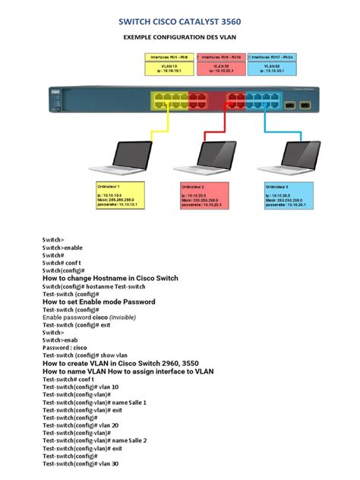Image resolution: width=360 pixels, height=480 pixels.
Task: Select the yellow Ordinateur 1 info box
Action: (x=119, y=196)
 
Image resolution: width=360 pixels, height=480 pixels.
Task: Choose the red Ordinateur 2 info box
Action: (x=204, y=196)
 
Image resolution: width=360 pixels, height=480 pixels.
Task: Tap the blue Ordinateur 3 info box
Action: (x=289, y=196)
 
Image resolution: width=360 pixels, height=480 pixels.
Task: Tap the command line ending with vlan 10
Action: (x=81, y=387)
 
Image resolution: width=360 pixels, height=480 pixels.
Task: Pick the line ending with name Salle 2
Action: (x=94, y=441)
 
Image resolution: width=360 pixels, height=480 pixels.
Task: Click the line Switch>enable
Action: (x=62, y=247)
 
